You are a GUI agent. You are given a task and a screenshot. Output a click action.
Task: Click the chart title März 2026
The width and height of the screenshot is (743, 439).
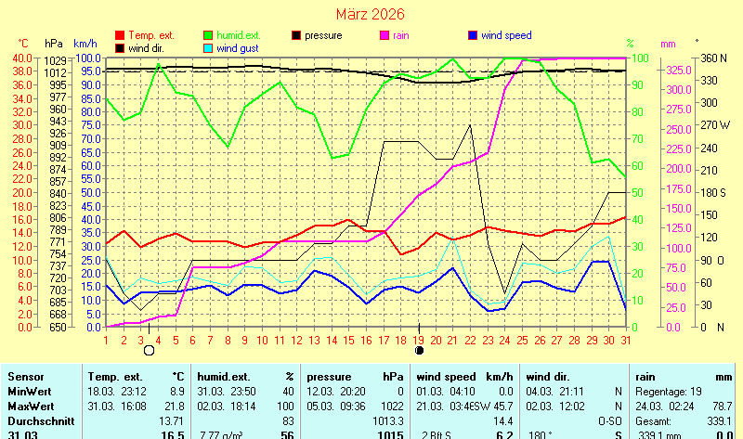click(x=371, y=14)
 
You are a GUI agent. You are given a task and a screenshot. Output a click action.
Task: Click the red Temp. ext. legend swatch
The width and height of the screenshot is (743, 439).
click(x=120, y=35)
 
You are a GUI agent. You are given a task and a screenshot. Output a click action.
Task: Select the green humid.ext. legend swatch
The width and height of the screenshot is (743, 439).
click(x=209, y=35)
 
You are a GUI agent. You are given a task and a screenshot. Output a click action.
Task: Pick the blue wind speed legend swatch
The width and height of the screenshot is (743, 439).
click(x=473, y=35)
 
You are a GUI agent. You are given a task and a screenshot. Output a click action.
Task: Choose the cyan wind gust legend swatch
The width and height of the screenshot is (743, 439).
click(x=209, y=48)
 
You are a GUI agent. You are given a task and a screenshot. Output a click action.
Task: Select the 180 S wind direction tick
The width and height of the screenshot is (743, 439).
click(x=712, y=192)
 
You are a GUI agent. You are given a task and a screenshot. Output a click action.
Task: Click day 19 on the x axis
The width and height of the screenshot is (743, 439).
click(x=419, y=339)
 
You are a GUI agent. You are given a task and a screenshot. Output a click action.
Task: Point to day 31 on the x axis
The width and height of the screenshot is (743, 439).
click(x=626, y=339)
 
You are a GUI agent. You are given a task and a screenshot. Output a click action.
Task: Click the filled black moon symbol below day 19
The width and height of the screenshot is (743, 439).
click(x=420, y=351)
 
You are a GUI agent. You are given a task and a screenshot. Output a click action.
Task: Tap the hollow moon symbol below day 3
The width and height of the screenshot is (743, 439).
click(x=149, y=351)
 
